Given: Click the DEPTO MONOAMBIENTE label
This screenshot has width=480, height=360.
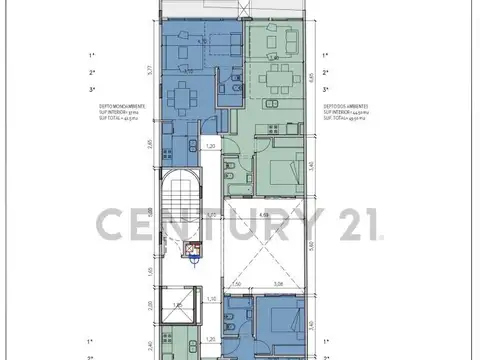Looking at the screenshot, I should pos(124,105).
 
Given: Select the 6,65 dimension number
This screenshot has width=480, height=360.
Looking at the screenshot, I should pos(312,75).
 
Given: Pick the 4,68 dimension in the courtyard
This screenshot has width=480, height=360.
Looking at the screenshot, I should pos(264,215).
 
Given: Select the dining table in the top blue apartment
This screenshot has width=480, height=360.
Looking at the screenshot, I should pos(182,98).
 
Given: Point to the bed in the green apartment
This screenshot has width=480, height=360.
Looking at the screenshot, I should pos(279,171).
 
